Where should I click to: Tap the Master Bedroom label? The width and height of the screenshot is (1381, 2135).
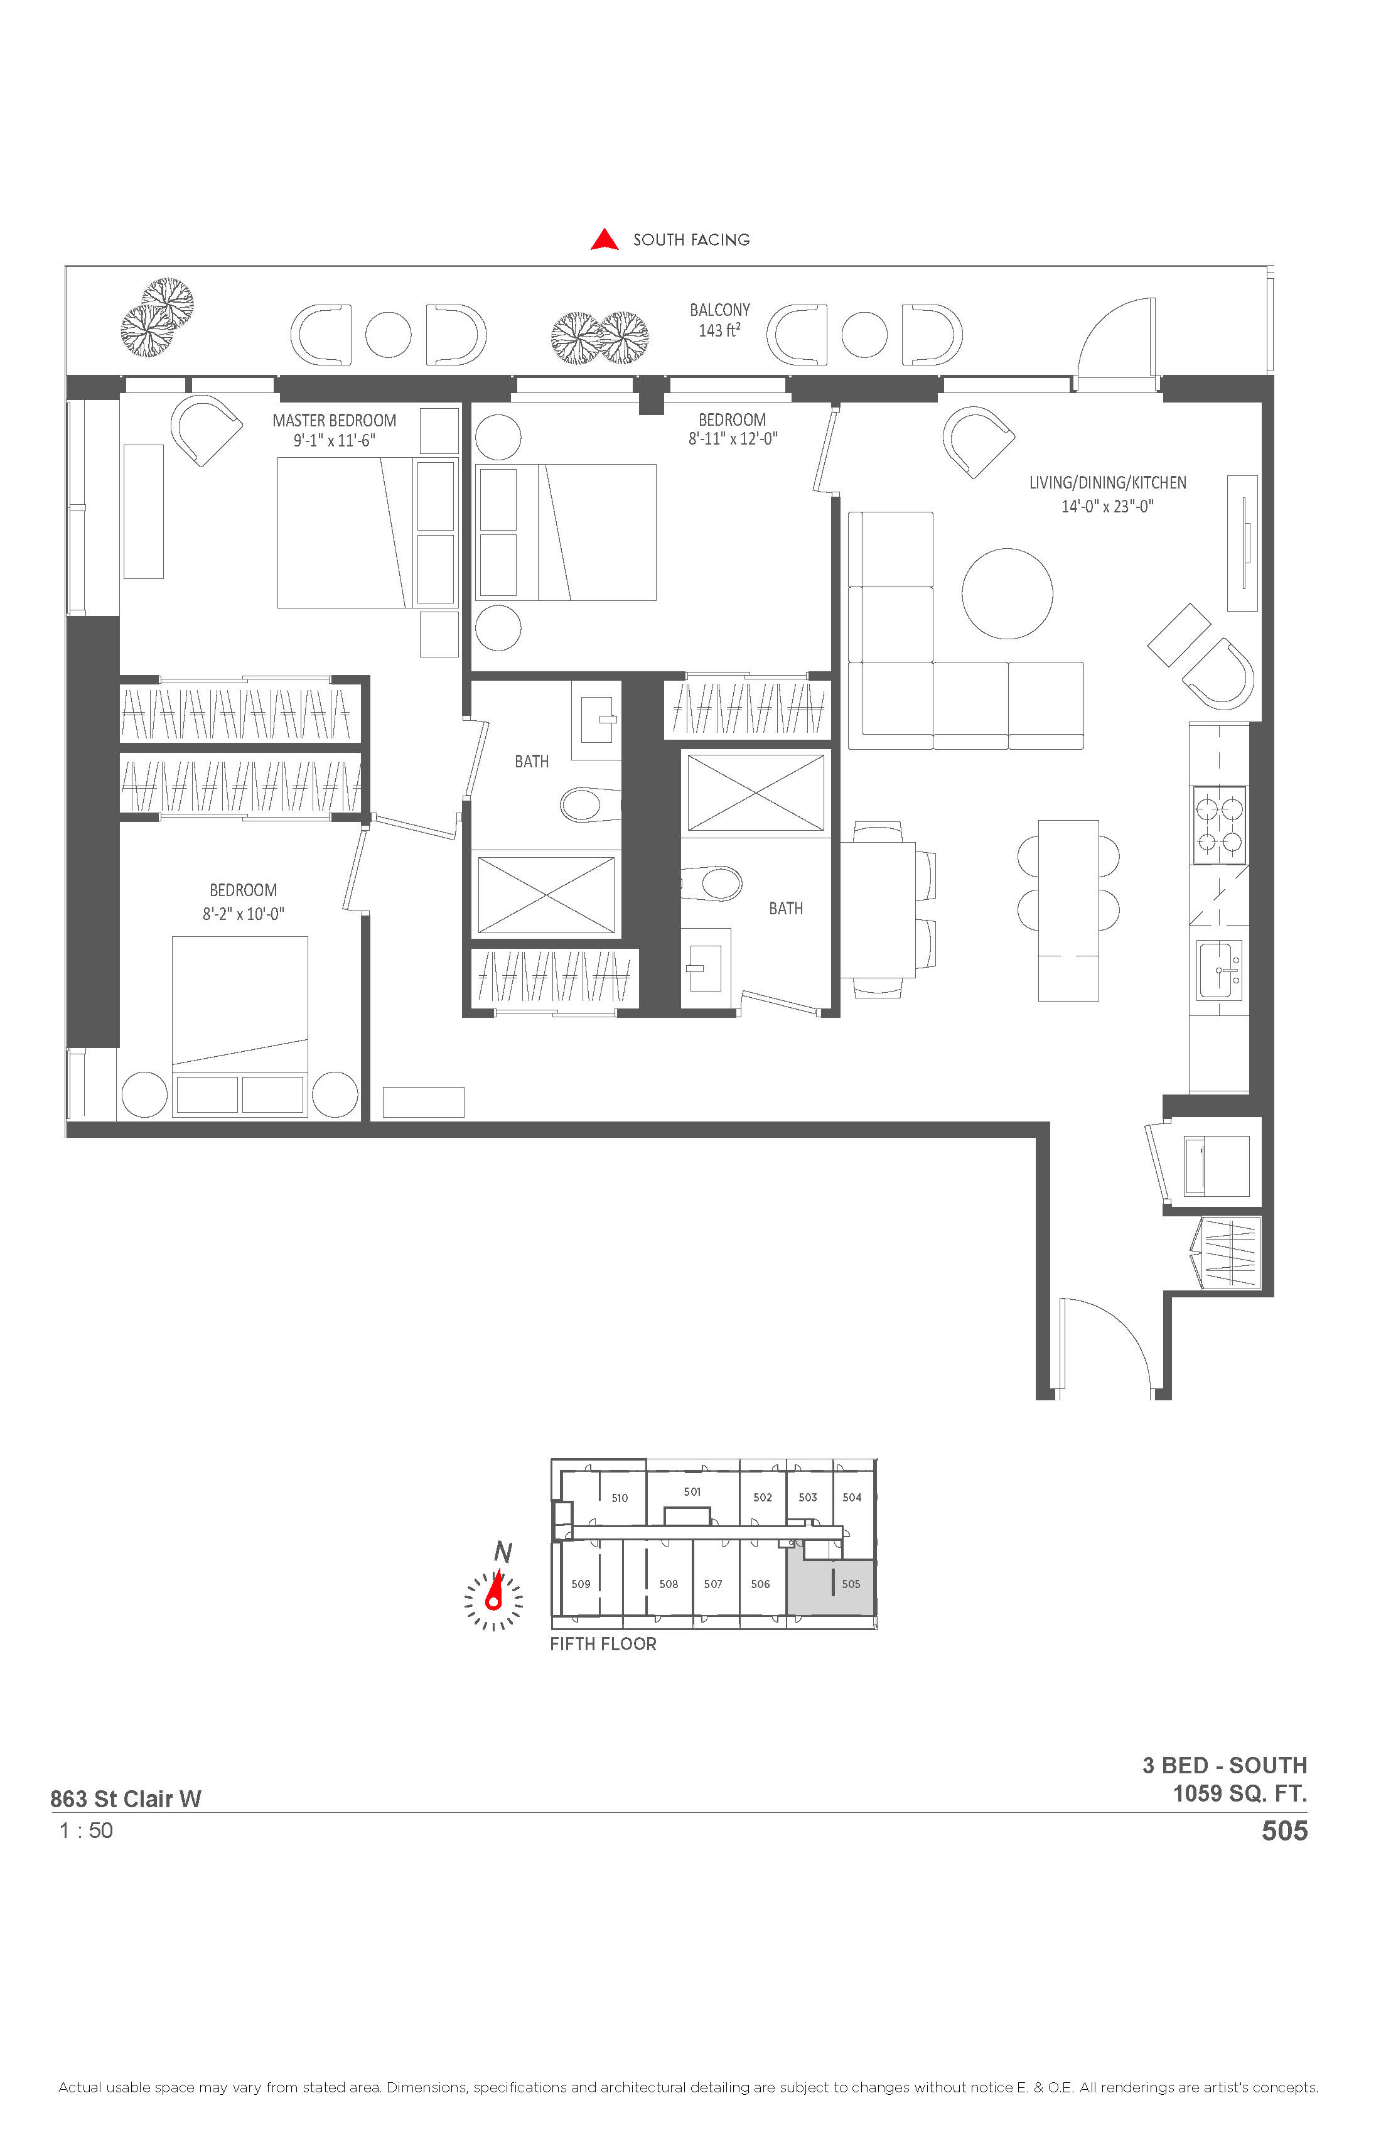(x=335, y=421)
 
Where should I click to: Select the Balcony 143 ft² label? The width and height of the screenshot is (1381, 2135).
(x=720, y=320)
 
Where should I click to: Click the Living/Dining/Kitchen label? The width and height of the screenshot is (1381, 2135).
(x=1107, y=483)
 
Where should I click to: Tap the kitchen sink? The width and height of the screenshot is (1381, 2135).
(x=1220, y=970)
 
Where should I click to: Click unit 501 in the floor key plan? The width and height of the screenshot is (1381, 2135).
(x=692, y=1492)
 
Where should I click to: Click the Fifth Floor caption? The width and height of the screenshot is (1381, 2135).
(x=603, y=1645)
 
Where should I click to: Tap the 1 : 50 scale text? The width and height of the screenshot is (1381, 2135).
(x=86, y=1831)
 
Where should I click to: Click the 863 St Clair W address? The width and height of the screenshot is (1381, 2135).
(x=126, y=1798)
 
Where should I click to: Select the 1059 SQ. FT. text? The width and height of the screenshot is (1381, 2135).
(x=1240, y=1793)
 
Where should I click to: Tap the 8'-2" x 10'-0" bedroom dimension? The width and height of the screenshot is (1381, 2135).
(x=243, y=914)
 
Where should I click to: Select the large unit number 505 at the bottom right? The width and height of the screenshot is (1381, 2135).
(x=1284, y=1831)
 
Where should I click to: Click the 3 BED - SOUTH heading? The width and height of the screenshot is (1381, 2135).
(x=1224, y=1765)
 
